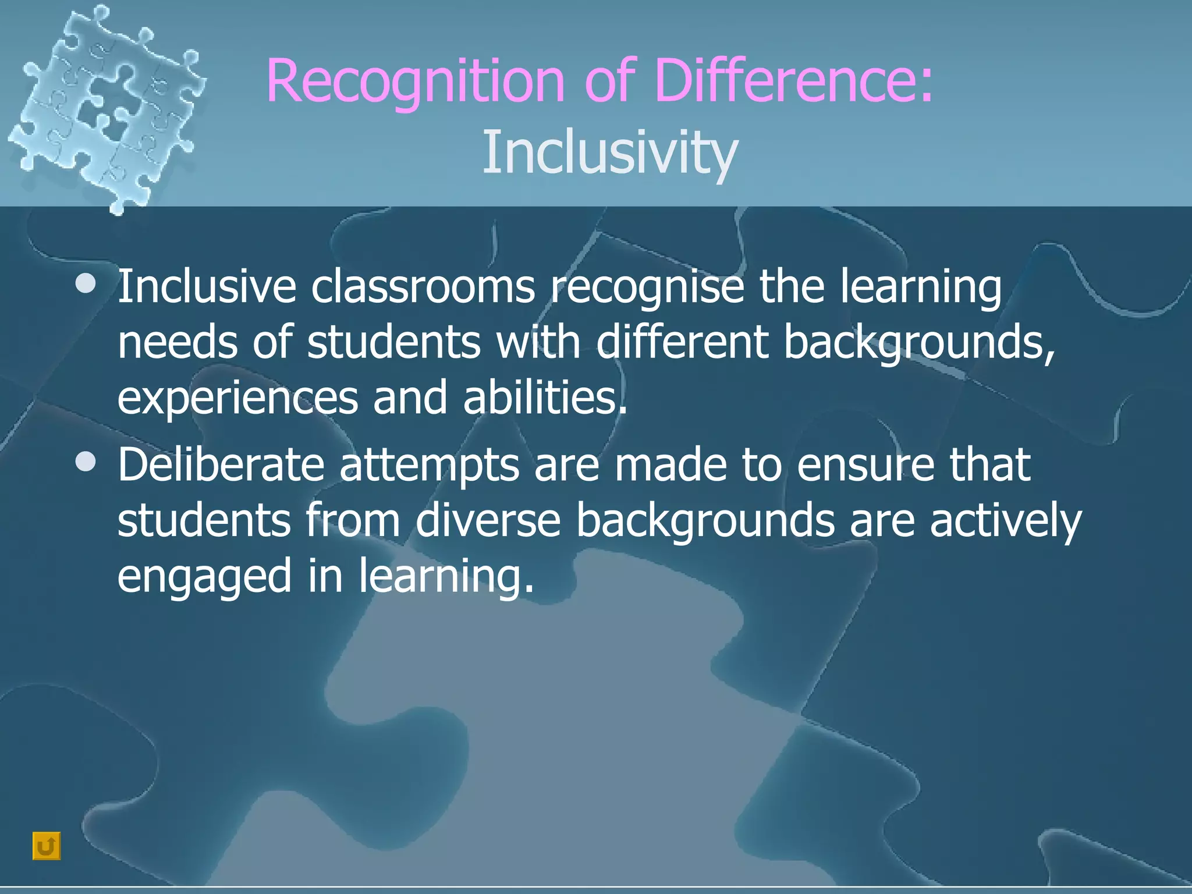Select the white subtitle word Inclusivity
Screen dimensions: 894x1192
click(610, 152)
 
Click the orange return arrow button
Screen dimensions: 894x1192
click(47, 846)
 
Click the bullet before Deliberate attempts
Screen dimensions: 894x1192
click(86, 462)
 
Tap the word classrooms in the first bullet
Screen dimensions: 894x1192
click(423, 286)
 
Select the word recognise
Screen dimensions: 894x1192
click(647, 288)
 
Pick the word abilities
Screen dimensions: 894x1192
click(545, 397)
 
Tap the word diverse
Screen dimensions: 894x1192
click(488, 520)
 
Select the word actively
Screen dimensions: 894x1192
click(1005, 521)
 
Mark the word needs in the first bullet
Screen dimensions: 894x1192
click(178, 342)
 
